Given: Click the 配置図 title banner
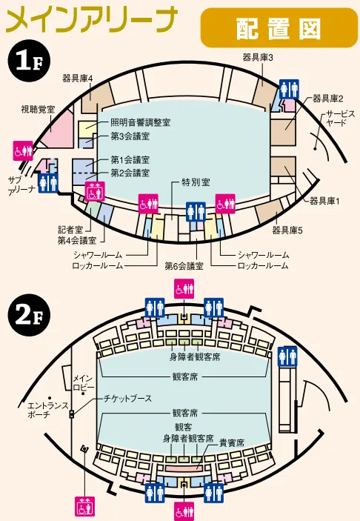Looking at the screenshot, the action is tap(279, 28).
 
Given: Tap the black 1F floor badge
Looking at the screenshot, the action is tap(29, 61).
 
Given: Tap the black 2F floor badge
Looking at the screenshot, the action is tap(29, 315).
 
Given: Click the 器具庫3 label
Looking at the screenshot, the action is tap(258, 58).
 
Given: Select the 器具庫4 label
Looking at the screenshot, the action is tap(78, 78).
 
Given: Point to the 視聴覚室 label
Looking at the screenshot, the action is tap(38, 109).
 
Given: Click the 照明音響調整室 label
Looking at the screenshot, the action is tap(141, 122).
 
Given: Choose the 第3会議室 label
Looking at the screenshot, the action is tap(130, 136).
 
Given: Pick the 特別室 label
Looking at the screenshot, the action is tap(196, 182).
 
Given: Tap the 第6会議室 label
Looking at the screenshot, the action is tap(184, 266).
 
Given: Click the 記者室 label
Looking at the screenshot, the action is tap(70, 230).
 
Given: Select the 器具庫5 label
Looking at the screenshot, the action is tap(287, 230).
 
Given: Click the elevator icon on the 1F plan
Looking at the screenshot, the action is tap(95, 191).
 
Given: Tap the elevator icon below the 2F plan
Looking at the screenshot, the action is tap(84, 506).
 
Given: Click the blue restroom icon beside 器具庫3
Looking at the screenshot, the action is tap(289, 89).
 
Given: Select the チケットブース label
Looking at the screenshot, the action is tap(128, 398).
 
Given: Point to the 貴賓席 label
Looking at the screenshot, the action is tap(232, 442).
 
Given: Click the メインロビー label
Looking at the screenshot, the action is tap(83, 382).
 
